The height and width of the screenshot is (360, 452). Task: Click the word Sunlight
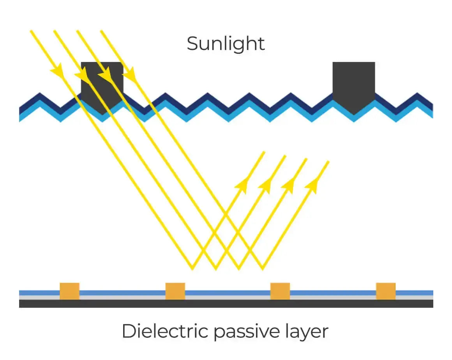(226, 44)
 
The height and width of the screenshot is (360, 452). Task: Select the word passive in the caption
(247, 332)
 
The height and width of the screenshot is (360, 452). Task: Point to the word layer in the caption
(307, 332)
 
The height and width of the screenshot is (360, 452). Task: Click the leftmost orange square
(69, 291)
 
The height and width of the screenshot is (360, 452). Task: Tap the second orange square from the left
(175, 291)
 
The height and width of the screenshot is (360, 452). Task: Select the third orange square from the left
(280, 291)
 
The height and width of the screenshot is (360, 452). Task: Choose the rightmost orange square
(386, 291)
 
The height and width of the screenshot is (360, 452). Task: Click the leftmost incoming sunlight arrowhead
(58, 71)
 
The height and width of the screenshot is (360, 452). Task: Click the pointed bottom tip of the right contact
(354, 115)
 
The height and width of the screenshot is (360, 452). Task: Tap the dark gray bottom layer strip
(226, 304)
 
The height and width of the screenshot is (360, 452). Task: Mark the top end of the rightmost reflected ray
(328, 162)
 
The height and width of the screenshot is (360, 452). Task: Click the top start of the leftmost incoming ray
(31, 30)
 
